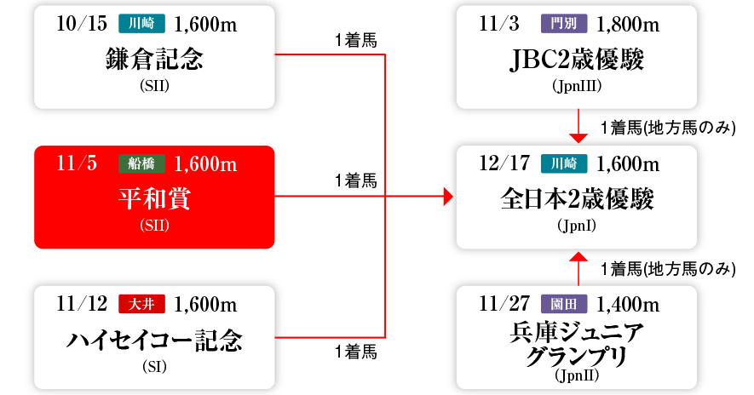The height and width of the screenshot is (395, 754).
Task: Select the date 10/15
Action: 81,23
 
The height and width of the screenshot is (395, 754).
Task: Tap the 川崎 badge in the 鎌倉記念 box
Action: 141,24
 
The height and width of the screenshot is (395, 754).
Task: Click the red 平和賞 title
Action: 154,199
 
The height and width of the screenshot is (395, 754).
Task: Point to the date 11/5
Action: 78,163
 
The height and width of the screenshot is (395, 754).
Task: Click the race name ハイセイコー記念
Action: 154,341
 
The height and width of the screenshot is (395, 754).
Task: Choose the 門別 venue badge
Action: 563,24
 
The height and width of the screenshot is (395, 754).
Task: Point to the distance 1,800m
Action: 628,23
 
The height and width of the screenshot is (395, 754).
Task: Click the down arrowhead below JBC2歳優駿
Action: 578,137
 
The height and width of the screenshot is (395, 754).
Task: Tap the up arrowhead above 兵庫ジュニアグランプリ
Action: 578,255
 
